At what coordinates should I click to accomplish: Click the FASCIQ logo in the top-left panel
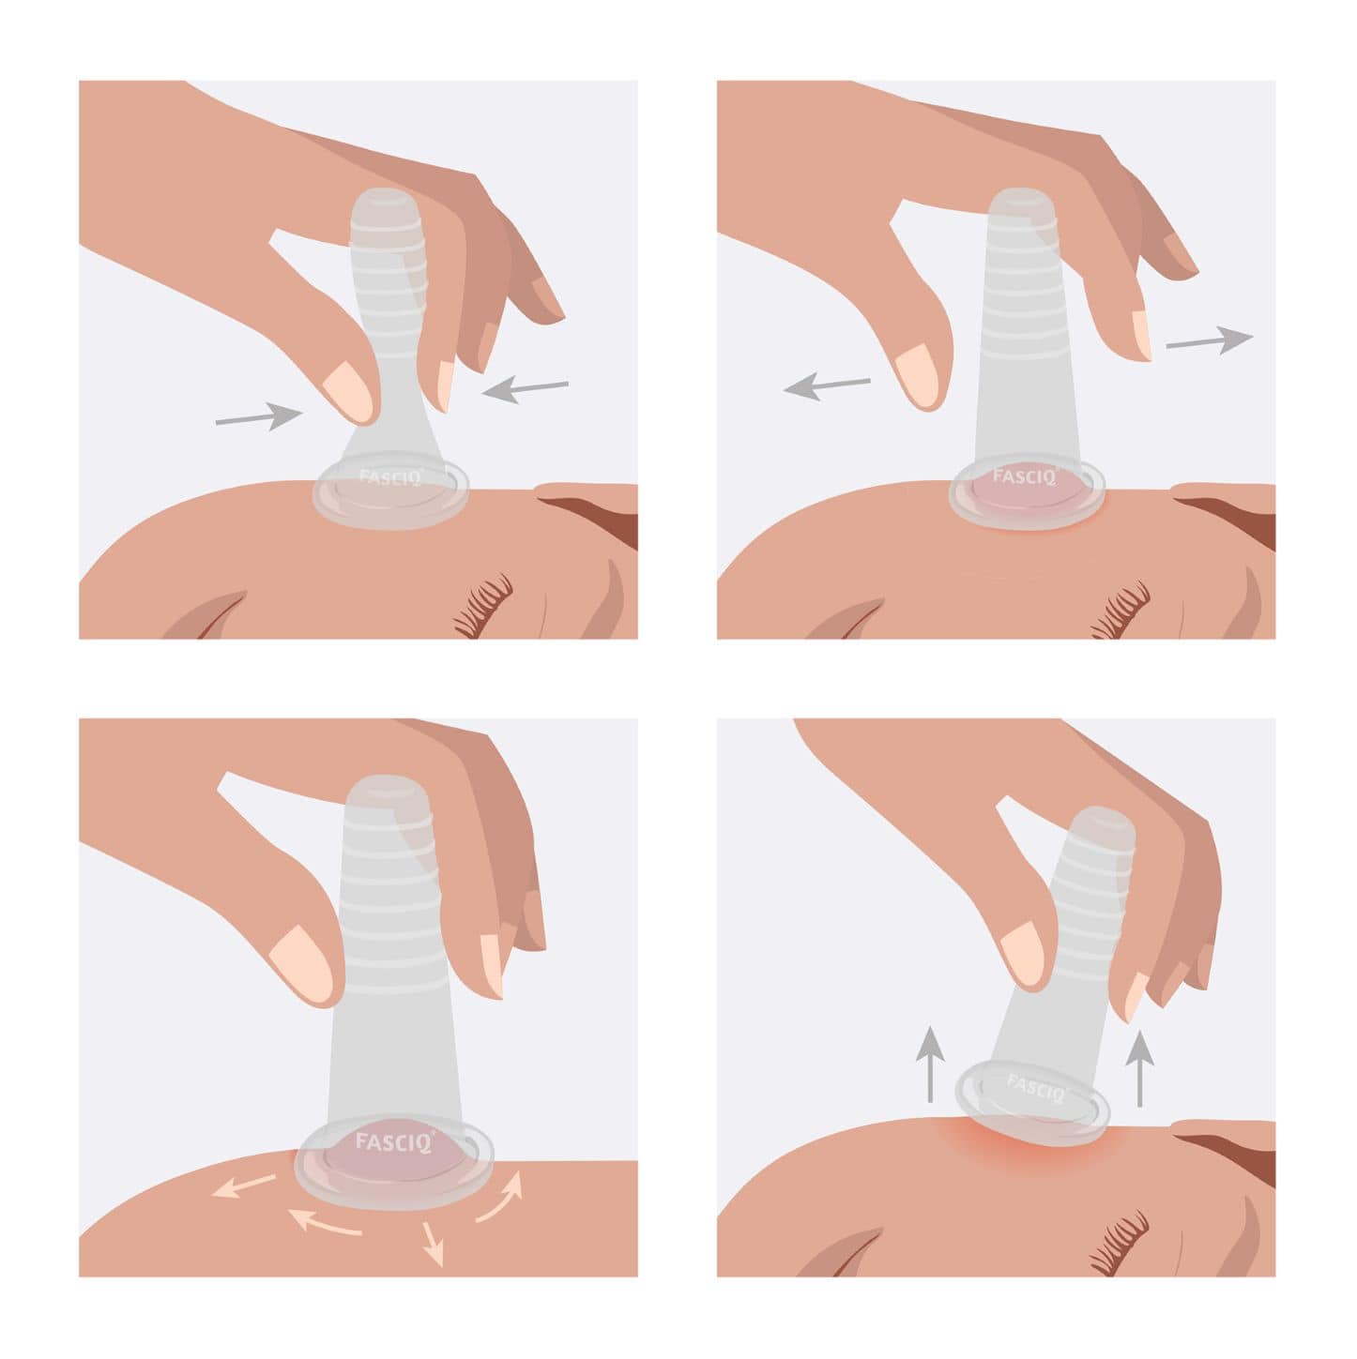389,476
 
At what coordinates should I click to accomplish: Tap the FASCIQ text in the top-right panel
1024,476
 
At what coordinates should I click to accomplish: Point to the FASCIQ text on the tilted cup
1036,1087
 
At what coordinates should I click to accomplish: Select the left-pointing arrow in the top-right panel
827,385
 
